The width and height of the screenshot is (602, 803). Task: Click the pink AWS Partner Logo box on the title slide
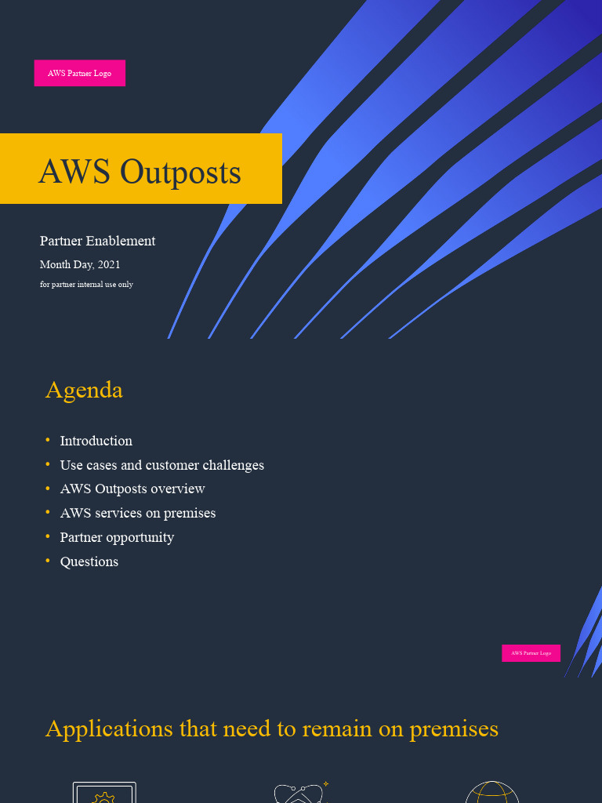tap(79, 73)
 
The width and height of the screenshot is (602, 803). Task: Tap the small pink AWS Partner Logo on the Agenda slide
tap(531, 653)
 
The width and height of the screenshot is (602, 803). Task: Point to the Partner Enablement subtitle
tap(97, 241)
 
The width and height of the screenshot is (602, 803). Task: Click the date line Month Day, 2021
tap(80, 265)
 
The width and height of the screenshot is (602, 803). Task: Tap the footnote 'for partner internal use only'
tap(86, 284)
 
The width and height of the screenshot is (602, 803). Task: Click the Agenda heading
tap(84, 390)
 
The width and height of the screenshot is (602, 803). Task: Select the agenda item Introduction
tap(96, 441)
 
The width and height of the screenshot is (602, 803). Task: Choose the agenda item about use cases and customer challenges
tap(161, 465)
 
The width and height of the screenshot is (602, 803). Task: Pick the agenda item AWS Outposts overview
tap(132, 489)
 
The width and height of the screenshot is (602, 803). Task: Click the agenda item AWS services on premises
tap(137, 513)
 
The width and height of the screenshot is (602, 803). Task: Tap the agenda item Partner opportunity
tap(117, 537)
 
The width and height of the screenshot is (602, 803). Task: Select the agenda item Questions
tap(89, 561)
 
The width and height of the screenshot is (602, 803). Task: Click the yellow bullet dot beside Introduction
tap(48, 439)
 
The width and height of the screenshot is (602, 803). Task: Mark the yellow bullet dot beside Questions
tap(48, 560)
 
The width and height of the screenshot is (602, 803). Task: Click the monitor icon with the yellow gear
tap(104, 793)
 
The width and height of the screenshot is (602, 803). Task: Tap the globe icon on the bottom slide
tap(492, 792)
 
